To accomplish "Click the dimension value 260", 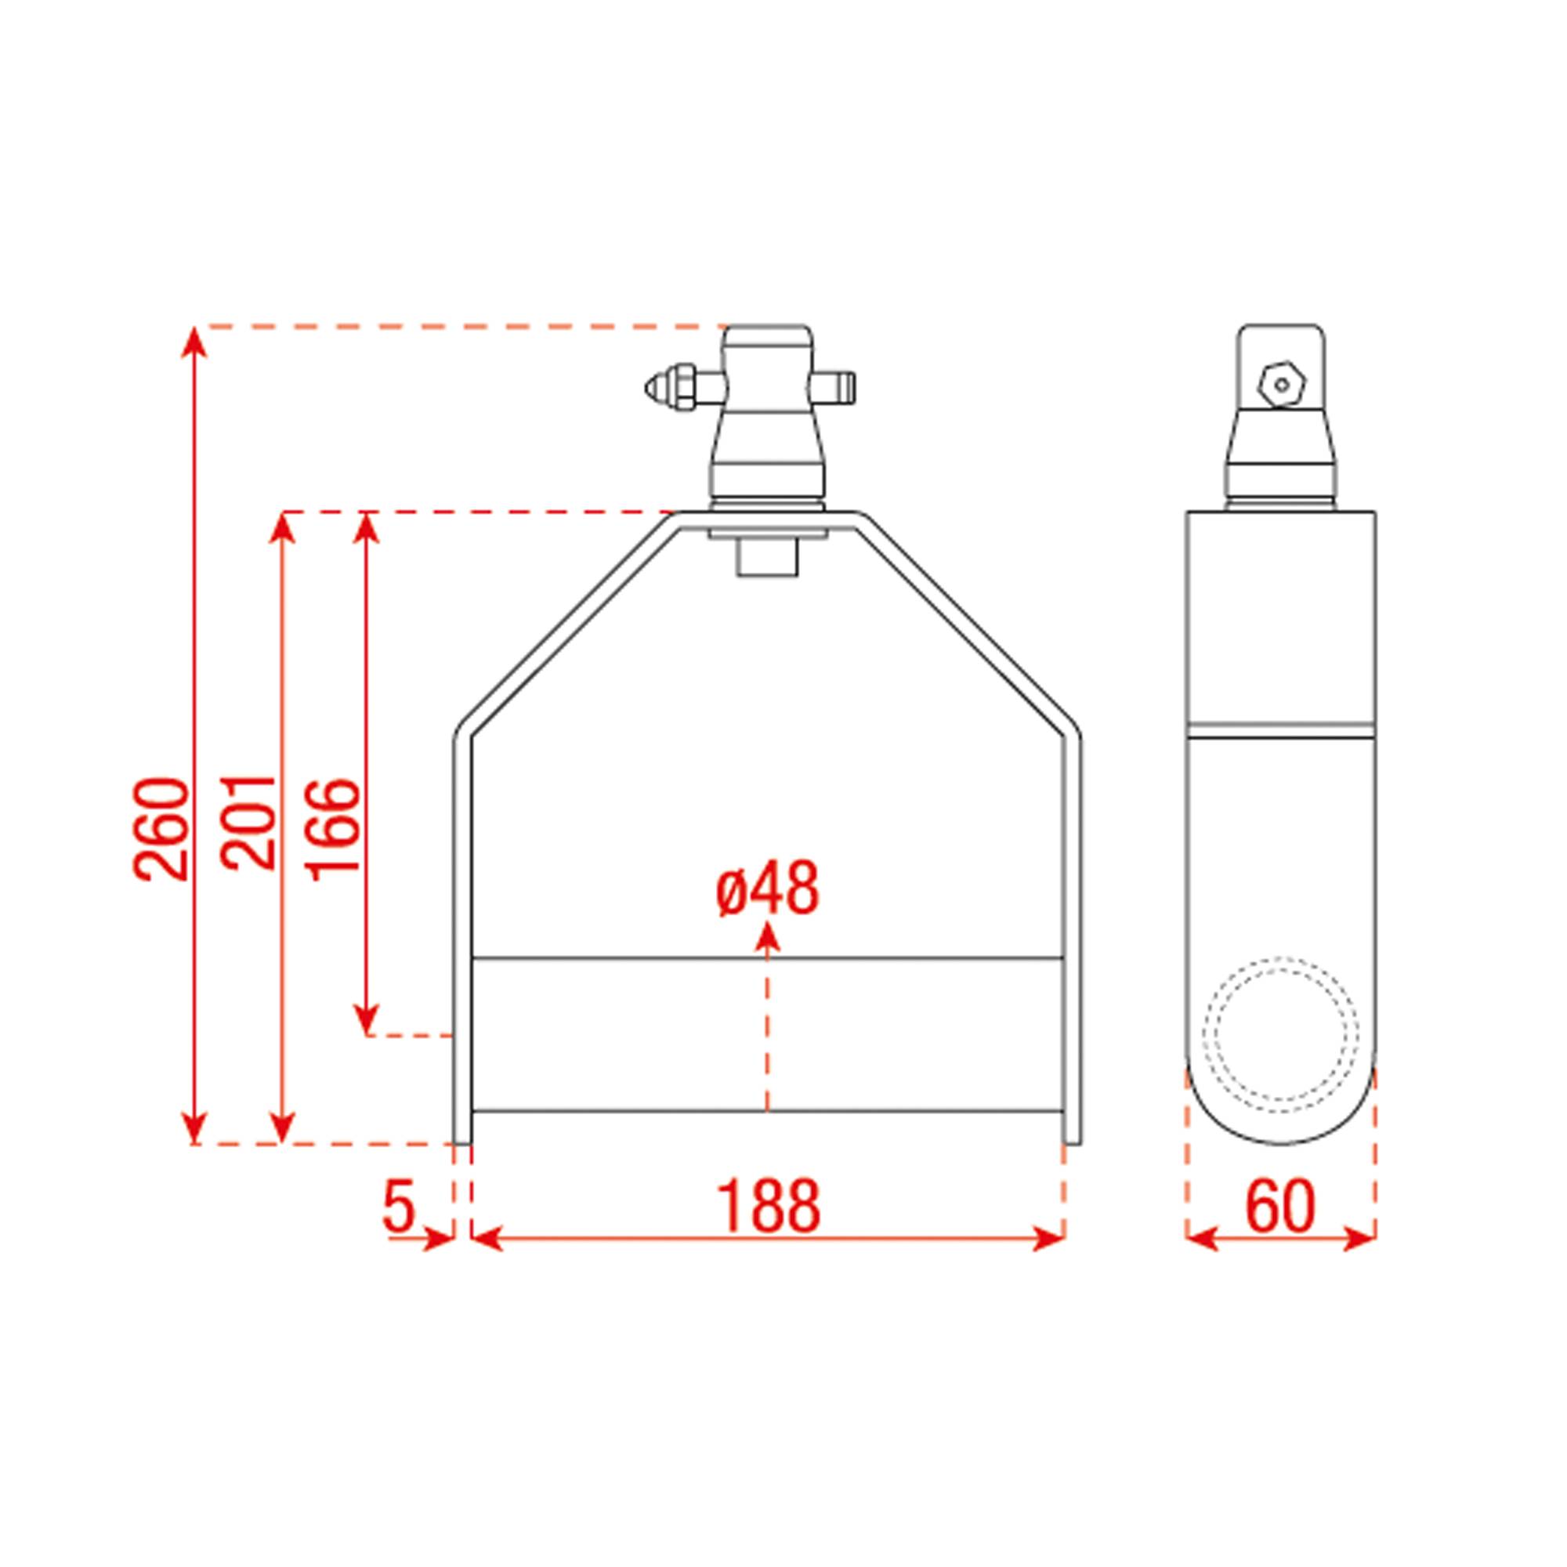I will (161, 828).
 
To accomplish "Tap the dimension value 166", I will (332, 825).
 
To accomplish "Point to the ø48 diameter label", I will (767, 889).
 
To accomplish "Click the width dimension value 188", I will (768, 1206).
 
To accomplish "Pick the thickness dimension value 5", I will (399, 1206).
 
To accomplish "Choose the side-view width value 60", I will (1280, 1206).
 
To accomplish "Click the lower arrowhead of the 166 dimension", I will (367, 1021).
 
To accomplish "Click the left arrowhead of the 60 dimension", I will (1201, 1239).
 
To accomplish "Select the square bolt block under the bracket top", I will (767, 558).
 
